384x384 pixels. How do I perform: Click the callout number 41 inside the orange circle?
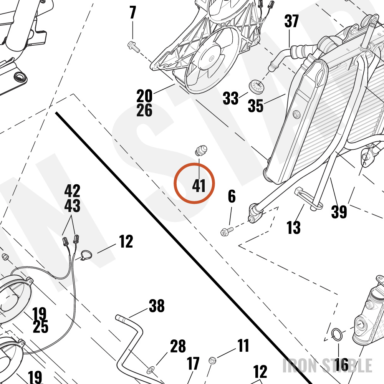(x=199, y=185)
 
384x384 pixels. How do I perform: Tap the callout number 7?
(x=132, y=13)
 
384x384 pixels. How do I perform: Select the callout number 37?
(x=291, y=21)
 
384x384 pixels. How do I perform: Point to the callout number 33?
(x=230, y=98)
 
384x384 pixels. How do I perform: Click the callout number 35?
(x=255, y=106)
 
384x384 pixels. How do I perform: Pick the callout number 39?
(x=339, y=212)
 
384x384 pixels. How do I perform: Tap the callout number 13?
(x=293, y=227)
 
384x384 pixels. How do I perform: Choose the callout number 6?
(x=232, y=196)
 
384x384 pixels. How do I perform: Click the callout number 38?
(x=157, y=306)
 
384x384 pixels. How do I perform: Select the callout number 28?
(x=178, y=346)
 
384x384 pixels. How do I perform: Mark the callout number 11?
(x=243, y=346)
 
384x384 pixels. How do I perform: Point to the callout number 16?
(x=341, y=365)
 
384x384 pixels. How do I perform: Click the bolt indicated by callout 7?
(x=134, y=47)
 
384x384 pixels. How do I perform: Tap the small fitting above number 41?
(x=201, y=151)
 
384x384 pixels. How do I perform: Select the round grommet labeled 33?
(x=257, y=86)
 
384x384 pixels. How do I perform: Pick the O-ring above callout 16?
(x=337, y=334)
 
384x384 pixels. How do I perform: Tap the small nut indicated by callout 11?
(x=212, y=360)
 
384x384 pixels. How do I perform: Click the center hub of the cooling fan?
(x=211, y=58)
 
